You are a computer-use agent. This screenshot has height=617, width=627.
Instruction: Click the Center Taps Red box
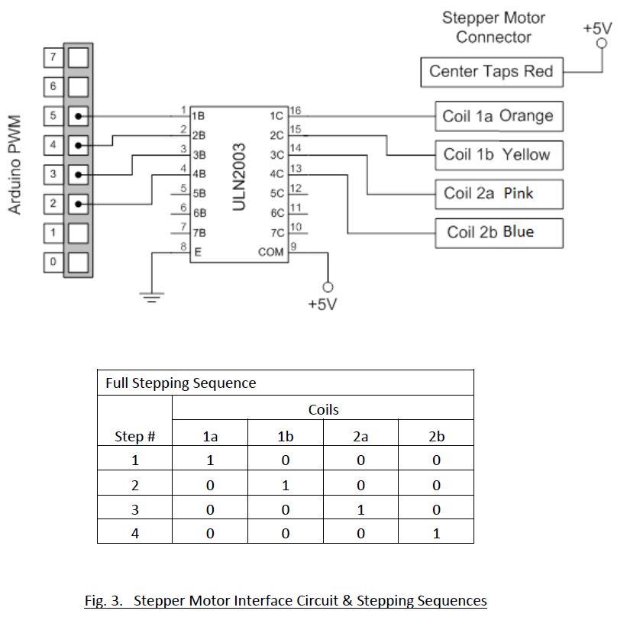[492, 73]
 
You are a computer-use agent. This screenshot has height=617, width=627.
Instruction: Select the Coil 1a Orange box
[499, 116]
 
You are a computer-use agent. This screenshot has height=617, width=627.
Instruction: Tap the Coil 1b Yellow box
[499, 155]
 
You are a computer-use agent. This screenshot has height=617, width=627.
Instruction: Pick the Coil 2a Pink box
[499, 194]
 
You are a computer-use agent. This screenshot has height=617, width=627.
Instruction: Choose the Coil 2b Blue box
[499, 233]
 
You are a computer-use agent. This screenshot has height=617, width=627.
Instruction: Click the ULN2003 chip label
[239, 176]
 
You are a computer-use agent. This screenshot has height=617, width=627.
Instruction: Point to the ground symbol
[151, 297]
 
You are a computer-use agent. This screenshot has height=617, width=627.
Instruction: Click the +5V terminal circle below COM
[328, 287]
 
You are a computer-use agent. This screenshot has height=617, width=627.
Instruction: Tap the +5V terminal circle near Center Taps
[601, 43]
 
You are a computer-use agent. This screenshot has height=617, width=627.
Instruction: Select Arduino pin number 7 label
[53, 57]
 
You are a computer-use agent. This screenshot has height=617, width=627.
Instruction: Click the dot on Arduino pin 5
[79, 116]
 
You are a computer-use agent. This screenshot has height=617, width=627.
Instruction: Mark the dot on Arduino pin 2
[79, 205]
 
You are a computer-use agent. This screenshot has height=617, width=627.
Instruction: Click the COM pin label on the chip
[270, 252]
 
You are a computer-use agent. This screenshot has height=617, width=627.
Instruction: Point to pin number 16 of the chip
[296, 111]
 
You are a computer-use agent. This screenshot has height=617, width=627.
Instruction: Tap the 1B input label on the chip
[198, 116]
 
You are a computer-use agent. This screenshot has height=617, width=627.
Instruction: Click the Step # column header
[134, 436]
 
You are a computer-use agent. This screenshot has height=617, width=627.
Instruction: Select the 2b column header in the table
[436, 436]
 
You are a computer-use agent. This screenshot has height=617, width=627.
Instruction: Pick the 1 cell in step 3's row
[360, 510]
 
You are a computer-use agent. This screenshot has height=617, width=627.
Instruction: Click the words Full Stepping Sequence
[181, 383]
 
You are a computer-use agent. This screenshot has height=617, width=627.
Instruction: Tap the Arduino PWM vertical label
[15, 165]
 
